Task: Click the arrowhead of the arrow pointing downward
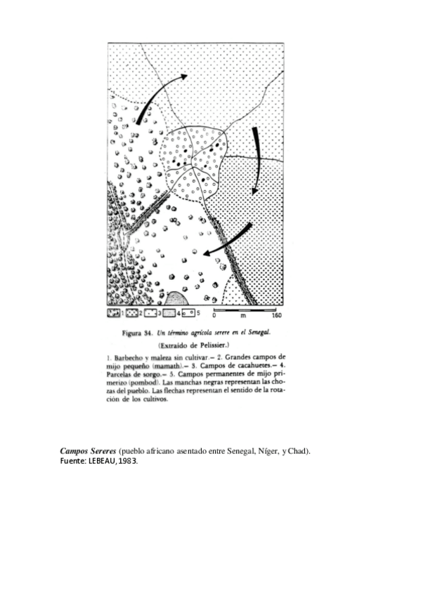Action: (x=256, y=190)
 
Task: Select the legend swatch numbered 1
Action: (x=114, y=311)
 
